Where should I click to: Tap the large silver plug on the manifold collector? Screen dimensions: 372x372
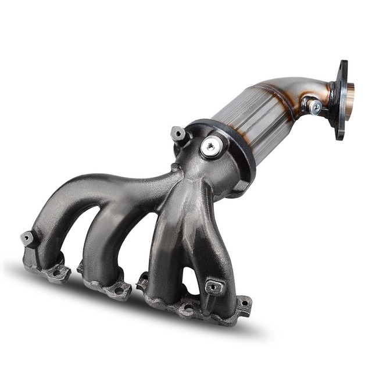coord(210,146)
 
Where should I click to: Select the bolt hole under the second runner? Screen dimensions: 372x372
coord(119,289)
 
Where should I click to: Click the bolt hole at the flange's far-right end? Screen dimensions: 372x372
coord(244,303)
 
